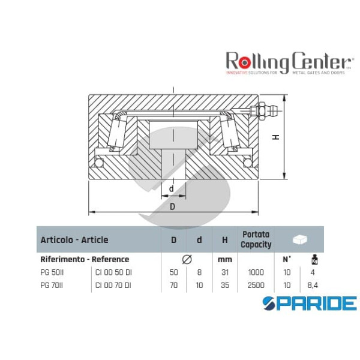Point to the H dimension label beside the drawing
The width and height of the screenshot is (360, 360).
point(275,137)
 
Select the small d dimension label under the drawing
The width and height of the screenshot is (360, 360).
point(172,188)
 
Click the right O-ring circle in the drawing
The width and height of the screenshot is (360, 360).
point(247,162)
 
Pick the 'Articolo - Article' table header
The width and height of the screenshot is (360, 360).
point(74,239)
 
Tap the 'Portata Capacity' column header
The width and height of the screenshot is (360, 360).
point(256,239)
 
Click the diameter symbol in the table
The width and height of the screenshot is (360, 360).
point(186,259)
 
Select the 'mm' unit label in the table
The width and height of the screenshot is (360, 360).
point(225,260)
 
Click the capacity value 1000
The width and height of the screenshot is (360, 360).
point(256,272)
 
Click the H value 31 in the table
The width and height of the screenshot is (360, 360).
point(225,272)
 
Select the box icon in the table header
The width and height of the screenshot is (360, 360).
point(299,239)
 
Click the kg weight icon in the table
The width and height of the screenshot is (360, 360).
point(312,260)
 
